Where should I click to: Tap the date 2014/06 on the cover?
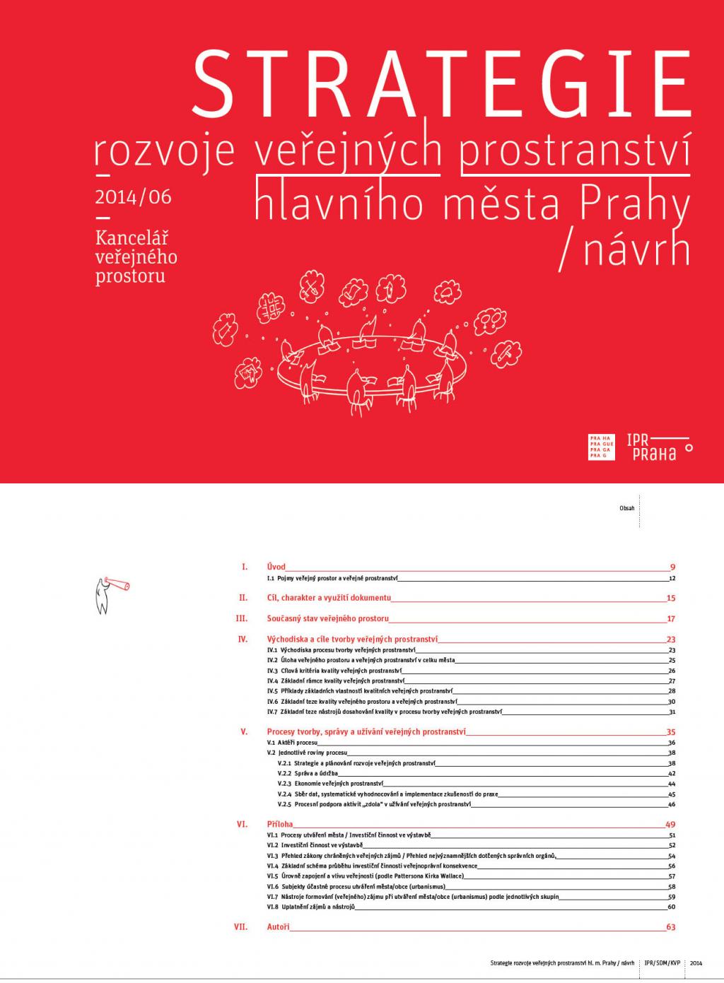[133, 196]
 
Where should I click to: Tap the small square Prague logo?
[599, 446]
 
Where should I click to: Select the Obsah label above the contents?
[626, 508]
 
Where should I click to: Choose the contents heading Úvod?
[276, 567]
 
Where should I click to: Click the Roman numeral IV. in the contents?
[243, 639]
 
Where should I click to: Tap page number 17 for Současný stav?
[671, 618]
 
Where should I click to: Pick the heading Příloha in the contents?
[279, 824]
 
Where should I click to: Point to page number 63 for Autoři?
[671, 926]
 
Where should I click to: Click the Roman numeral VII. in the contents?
[240, 926]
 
